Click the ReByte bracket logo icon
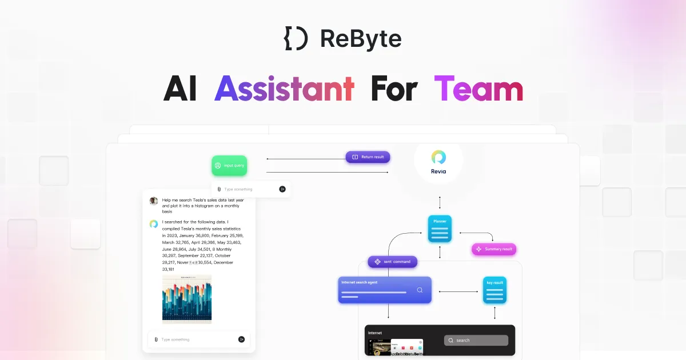point(296,38)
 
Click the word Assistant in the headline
point(284,90)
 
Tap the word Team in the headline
point(478,90)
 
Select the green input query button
point(229,165)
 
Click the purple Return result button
point(368,157)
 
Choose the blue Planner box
point(440,229)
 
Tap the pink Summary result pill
point(494,249)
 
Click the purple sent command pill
point(393,262)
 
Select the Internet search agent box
point(384,290)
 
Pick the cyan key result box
point(494,290)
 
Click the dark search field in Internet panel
point(476,340)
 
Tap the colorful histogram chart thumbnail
point(187,299)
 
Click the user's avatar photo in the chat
point(154,201)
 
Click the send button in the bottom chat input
point(241,339)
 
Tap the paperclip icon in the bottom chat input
point(156,339)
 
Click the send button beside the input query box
point(282,189)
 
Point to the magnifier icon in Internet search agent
point(420,290)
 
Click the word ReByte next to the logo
point(361,38)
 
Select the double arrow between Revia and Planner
point(440,202)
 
